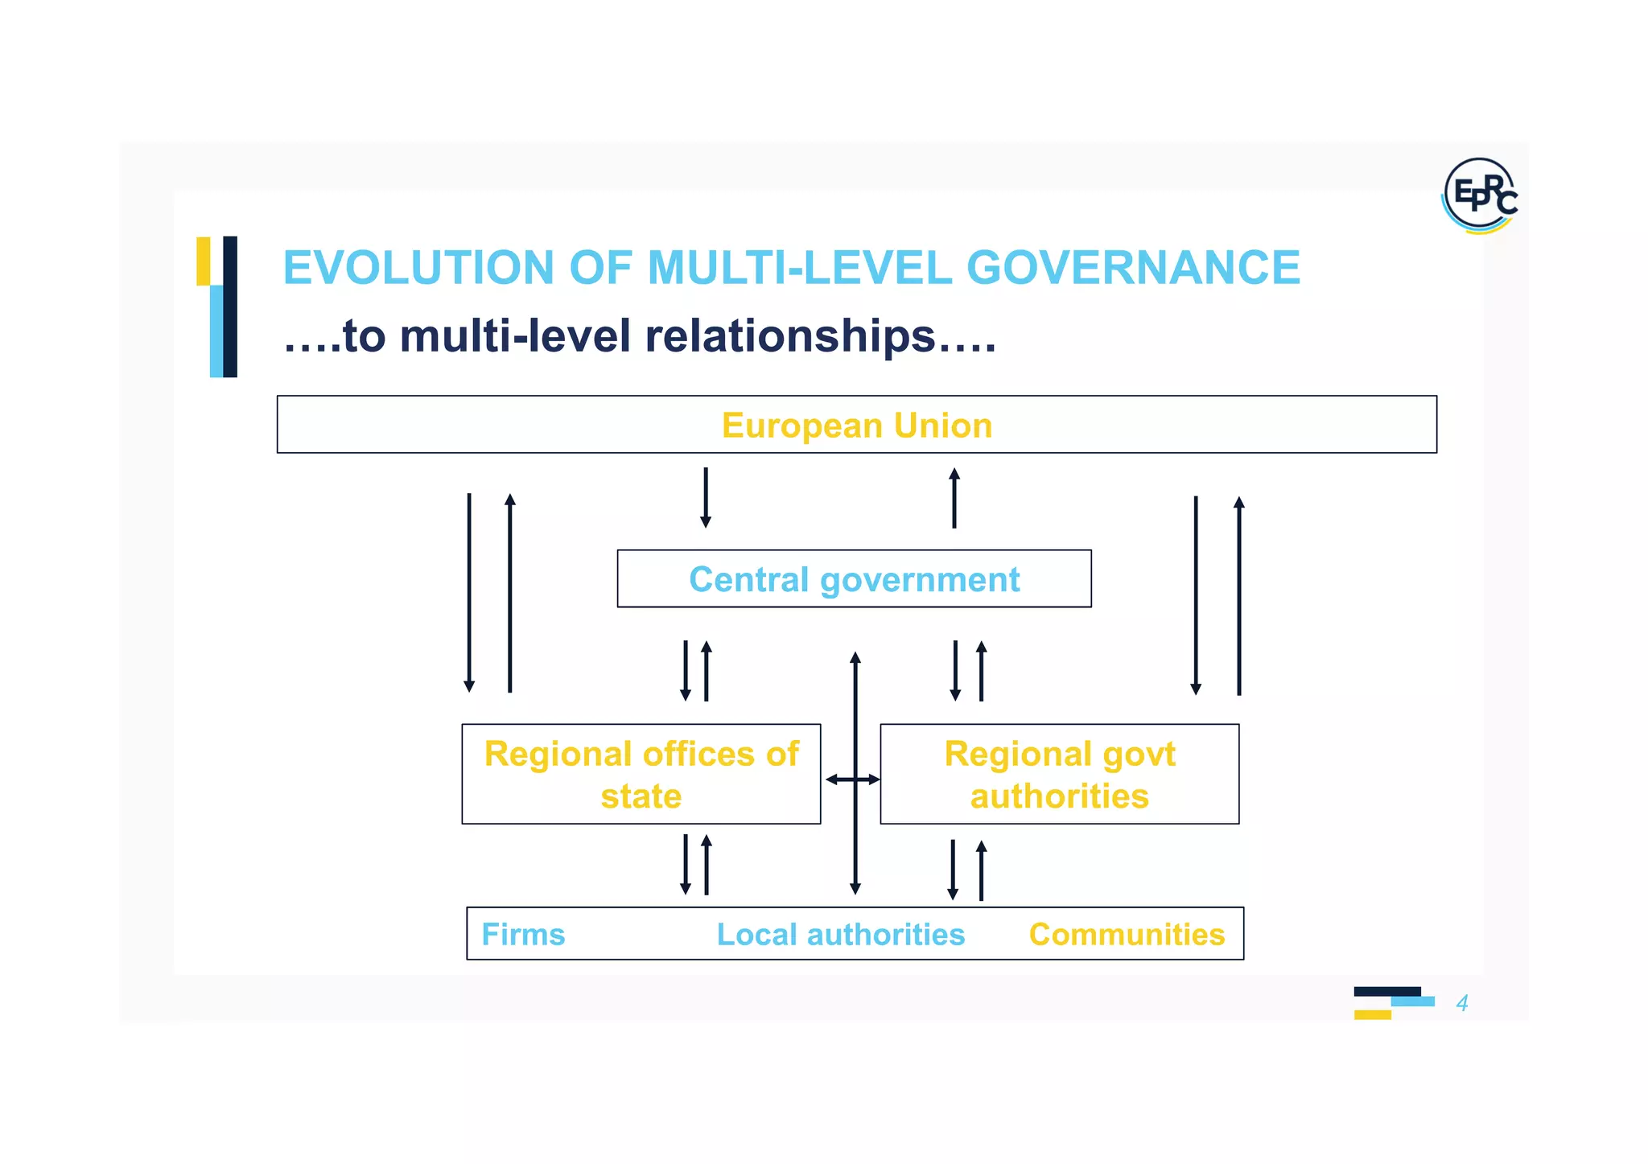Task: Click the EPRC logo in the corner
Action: coord(1480,195)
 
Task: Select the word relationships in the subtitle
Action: coord(790,336)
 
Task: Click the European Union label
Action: coord(856,426)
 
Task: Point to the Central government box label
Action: coord(854,579)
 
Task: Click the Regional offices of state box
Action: coord(641,774)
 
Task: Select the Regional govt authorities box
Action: coord(1059,774)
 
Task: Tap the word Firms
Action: coord(523,935)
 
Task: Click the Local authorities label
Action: coord(840,935)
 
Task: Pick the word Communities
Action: coord(1127,935)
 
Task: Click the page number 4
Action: coord(1462,1003)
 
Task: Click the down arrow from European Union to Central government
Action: coord(706,497)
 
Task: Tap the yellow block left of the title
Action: coord(203,261)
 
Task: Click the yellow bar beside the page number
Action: coord(1372,1014)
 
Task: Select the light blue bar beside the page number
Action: coord(1412,1002)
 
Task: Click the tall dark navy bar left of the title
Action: coord(230,306)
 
